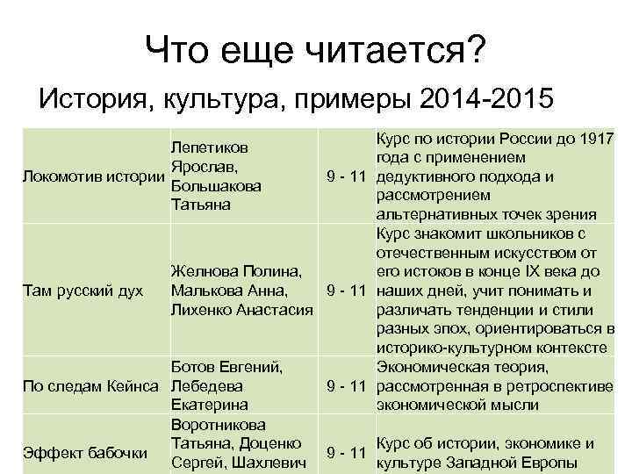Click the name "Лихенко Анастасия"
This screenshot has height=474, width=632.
[241, 309]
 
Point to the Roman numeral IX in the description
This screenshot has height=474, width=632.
[542, 270]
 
